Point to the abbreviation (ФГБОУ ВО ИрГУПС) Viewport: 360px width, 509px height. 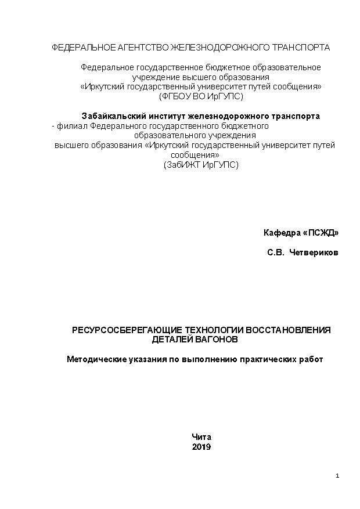(x=201, y=96)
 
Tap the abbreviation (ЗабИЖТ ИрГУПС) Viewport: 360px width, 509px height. (x=201, y=165)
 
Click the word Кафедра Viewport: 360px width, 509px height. (x=282, y=233)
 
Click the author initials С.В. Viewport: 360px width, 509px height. (x=276, y=253)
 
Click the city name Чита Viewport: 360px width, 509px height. (x=201, y=437)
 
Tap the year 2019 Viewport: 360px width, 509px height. (x=201, y=447)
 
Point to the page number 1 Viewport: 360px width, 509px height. (x=337, y=476)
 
